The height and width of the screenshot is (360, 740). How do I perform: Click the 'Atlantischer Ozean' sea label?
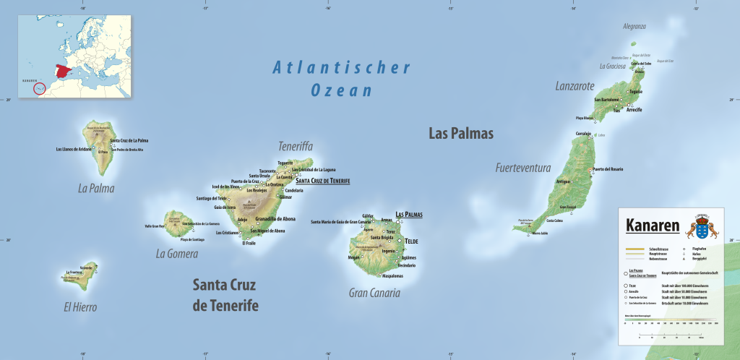click(x=341, y=79)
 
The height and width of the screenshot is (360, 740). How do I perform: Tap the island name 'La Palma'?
click(x=96, y=189)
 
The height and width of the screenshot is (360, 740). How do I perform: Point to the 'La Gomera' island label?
click(x=176, y=254)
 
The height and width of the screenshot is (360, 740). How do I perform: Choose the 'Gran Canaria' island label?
click(x=374, y=293)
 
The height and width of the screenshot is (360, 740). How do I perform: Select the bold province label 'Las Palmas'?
click(x=460, y=134)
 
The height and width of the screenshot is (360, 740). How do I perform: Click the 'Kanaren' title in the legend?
click(x=653, y=226)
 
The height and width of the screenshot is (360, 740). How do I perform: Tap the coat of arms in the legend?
click(x=701, y=226)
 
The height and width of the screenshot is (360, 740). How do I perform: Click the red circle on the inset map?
click(x=39, y=88)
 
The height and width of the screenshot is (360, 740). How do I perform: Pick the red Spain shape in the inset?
click(x=64, y=73)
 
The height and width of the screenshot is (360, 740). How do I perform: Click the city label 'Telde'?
click(x=411, y=241)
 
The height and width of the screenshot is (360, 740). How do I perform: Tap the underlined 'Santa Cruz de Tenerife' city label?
click(x=322, y=181)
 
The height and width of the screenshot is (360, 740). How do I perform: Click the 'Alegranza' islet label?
click(x=634, y=26)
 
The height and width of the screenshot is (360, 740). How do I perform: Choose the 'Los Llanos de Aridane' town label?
click(x=74, y=149)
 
